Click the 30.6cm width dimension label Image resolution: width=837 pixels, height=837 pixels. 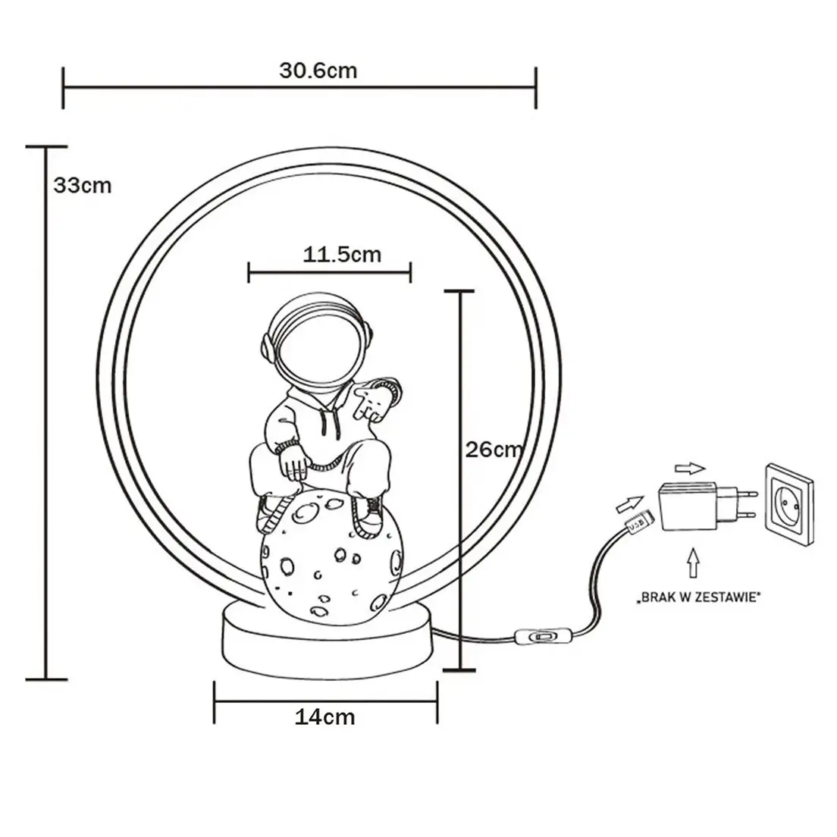[318, 71]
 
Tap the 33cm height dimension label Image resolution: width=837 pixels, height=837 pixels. [82, 185]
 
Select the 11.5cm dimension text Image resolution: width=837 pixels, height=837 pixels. [342, 254]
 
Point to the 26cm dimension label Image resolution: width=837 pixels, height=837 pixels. [494, 450]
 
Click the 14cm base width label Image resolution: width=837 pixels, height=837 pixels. [324, 716]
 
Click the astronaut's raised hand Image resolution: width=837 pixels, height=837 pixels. [375, 399]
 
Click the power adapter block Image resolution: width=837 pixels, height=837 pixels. [686, 506]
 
